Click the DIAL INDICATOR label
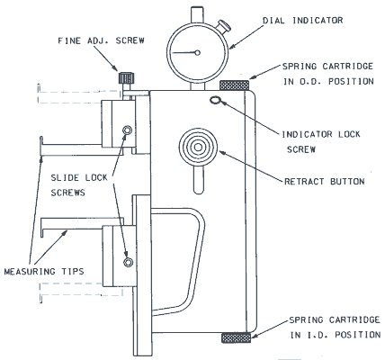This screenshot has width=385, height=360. (303, 21)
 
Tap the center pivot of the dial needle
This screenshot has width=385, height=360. (197, 53)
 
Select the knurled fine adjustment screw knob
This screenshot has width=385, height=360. (126, 78)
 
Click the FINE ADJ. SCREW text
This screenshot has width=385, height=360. (101, 40)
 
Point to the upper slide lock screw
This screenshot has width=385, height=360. (127, 130)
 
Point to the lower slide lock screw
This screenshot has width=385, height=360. (129, 262)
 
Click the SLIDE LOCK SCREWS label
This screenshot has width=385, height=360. (79, 185)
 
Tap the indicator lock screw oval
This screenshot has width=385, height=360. (215, 100)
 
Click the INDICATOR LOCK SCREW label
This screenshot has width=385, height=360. (321, 141)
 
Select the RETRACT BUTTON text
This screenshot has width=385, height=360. (325, 182)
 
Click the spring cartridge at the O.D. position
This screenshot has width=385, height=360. (234, 85)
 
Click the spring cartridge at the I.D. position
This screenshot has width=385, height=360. (236, 337)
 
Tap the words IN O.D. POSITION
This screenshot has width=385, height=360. (328, 81)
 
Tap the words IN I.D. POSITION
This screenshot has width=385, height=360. (336, 335)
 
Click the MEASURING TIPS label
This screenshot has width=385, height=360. (44, 272)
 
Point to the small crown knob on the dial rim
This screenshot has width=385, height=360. (224, 26)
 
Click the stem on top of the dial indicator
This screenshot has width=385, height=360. (198, 14)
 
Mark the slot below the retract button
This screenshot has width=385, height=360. (199, 180)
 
